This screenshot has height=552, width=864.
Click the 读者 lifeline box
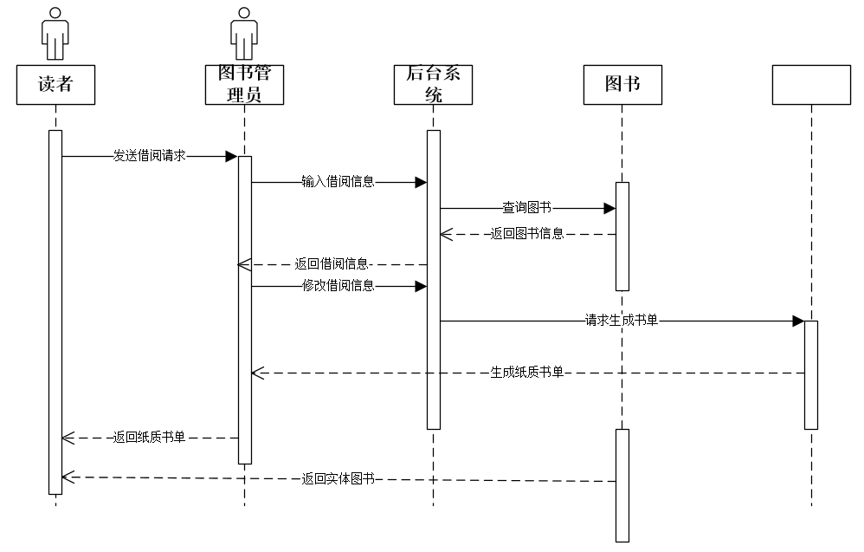tap(55, 84)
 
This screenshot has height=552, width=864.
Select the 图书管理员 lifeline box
tap(244, 84)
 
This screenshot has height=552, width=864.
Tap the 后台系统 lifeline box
tap(433, 84)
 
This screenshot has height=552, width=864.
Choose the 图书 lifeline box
tap(622, 84)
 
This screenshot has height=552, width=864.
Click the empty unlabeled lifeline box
tap(811, 84)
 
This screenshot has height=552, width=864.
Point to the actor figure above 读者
tap(55, 33)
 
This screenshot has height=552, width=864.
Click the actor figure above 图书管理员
tap(244, 33)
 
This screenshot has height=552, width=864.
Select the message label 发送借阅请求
tap(149, 156)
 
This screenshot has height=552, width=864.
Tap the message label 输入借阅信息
tap(338, 182)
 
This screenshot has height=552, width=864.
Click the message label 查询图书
tap(526, 208)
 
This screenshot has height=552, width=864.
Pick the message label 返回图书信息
tap(526, 234)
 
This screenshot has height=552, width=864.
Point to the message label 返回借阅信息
tap(332, 264)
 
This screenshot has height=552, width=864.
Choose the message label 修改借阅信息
tap(338, 286)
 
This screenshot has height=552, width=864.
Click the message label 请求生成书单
tap(621, 321)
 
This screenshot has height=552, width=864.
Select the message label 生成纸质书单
tap(526, 373)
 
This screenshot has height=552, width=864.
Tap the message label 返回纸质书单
tap(149, 438)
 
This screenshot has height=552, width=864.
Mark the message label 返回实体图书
tap(338, 477)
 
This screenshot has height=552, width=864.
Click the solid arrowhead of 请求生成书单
tap(798, 321)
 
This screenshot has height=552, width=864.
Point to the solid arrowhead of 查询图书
tap(609, 208)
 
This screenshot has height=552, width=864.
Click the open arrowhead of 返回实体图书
tap(68, 477)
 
